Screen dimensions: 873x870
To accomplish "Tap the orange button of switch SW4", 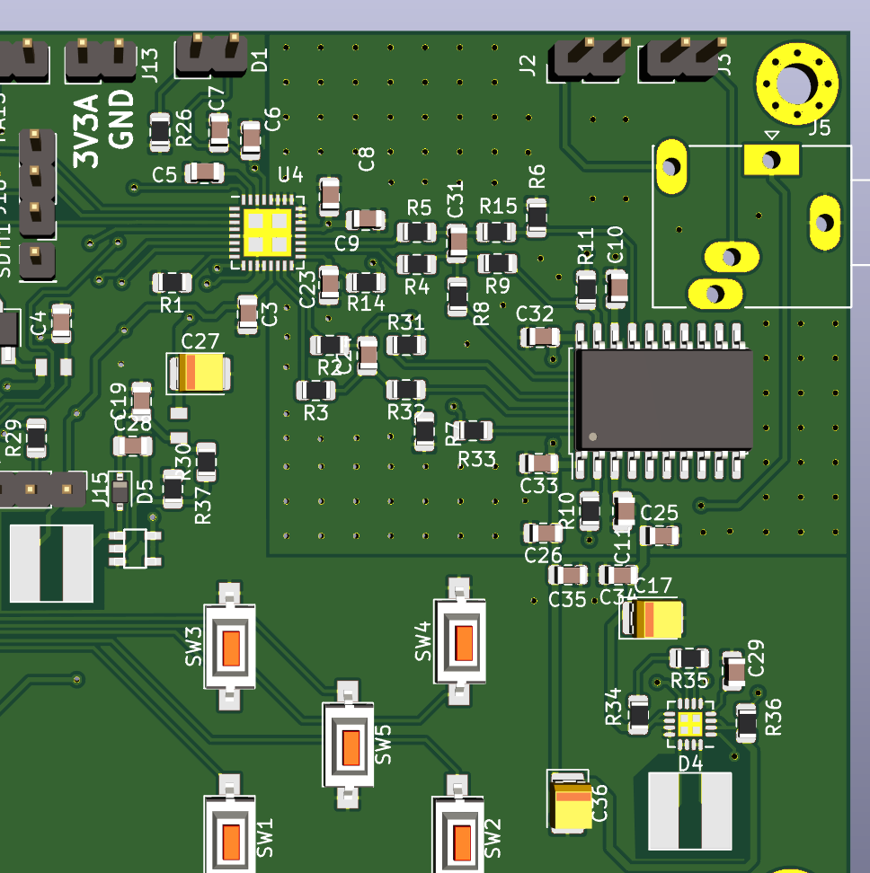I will (x=464, y=641).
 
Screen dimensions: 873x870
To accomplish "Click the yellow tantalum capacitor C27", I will (x=199, y=373).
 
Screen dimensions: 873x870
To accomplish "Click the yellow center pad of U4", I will (x=268, y=232).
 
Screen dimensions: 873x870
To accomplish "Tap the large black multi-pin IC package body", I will (x=663, y=400).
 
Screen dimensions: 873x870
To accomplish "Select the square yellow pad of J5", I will (x=770, y=160).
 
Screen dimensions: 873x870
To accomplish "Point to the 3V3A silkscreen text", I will (x=87, y=134).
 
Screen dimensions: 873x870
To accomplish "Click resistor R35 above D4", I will (x=689, y=658).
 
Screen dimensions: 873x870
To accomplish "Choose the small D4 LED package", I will (x=690, y=723).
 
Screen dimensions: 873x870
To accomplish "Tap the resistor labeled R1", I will (x=172, y=283).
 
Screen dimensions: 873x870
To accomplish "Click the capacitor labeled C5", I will (x=205, y=172).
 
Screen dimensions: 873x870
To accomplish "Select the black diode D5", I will (x=120, y=490).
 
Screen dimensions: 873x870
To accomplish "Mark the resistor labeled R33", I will (x=474, y=431).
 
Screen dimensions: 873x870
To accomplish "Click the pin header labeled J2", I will (x=590, y=58).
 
